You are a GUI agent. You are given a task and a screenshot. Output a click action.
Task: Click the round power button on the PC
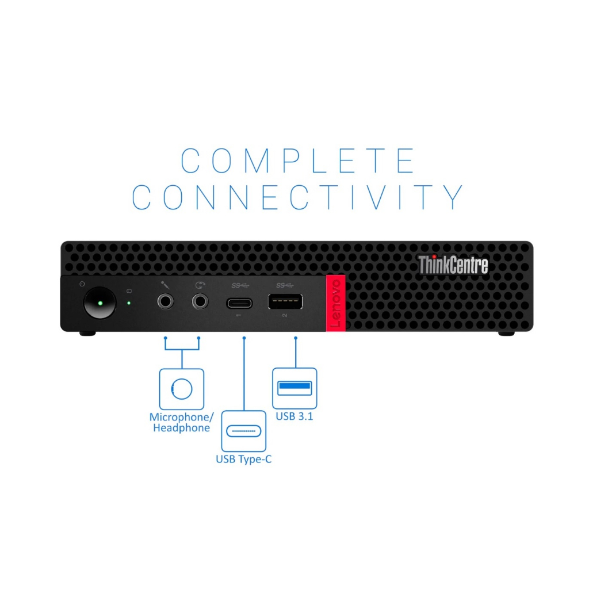click(x=100, y=303)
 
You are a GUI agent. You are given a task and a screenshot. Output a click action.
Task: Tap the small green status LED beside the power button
click(x=129, y=303)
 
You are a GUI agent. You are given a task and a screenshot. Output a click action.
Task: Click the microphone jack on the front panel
click(x=165, y=301)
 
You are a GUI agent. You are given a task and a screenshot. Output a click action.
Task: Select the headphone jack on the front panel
click(x=200, y=301)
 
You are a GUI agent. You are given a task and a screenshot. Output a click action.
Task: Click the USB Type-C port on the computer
click(x=239, y=303)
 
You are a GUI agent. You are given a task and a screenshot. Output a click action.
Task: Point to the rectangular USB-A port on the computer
click(x=285, y=301)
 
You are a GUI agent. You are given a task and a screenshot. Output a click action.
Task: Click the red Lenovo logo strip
click(x=335, y=303)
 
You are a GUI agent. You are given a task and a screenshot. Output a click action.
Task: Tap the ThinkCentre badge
click(x=453, y=265)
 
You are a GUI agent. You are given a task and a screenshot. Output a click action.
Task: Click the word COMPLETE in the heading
click(x=299, y=161)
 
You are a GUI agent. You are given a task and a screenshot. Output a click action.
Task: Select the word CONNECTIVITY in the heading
click(x=298, y=197)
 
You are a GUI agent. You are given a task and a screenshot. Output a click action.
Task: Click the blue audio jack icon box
click(x=182, y=389)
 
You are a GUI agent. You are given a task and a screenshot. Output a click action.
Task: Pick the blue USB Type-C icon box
click(x=244, y=431)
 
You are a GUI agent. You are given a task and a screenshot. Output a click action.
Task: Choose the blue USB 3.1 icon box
click(x=294, y=388)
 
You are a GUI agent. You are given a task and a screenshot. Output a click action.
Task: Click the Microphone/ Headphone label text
click(x=181, y=423)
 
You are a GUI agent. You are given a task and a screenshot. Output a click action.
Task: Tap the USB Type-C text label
click(x=243, y=460)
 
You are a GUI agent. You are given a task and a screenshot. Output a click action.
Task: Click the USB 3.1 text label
click(x=294, y=416)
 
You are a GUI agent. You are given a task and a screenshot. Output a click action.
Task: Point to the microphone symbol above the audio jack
click(x=165, y=285)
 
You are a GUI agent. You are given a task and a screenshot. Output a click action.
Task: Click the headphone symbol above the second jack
click(x=200, y=285)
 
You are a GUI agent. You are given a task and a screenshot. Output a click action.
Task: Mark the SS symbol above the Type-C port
click(x=240, y=285)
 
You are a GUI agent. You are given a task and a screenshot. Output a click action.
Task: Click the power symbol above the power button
click(x=82, y=284)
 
